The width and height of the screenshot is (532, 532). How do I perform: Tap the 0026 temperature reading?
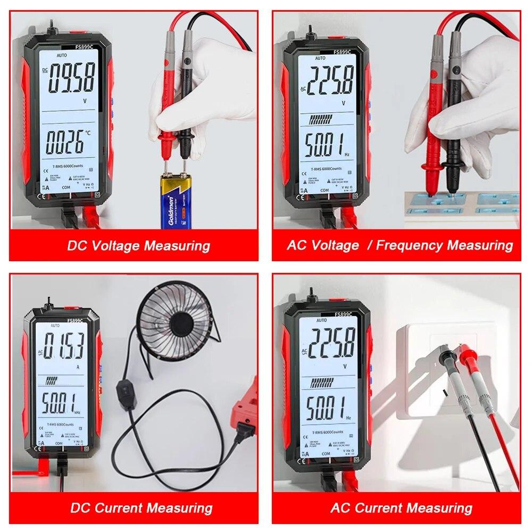coord(64,143)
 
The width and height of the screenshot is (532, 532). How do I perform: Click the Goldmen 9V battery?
coord(176,202)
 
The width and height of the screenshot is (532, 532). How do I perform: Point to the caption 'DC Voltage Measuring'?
coord(138,246)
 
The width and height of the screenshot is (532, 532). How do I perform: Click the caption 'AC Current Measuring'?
coord(401,508)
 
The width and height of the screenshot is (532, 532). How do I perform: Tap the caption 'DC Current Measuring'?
coord(141,508)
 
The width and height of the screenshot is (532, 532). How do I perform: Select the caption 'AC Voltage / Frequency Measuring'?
coord(400,245)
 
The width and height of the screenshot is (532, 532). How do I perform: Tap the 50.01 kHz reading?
coord(60,401)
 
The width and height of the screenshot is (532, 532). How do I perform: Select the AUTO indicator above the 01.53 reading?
coord(55,326)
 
